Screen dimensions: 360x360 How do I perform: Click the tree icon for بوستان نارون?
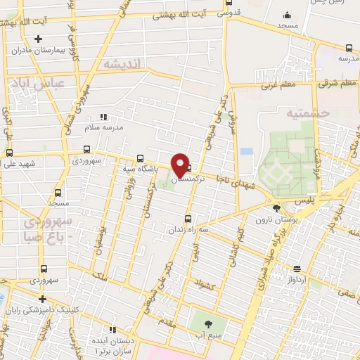(276, 207)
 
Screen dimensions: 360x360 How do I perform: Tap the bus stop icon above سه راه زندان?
(188, 218)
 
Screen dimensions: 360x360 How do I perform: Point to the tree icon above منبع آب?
(208, 324)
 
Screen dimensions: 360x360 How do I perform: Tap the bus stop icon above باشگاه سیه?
(140, 158)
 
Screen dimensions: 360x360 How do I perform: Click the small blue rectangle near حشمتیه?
(245, 151)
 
